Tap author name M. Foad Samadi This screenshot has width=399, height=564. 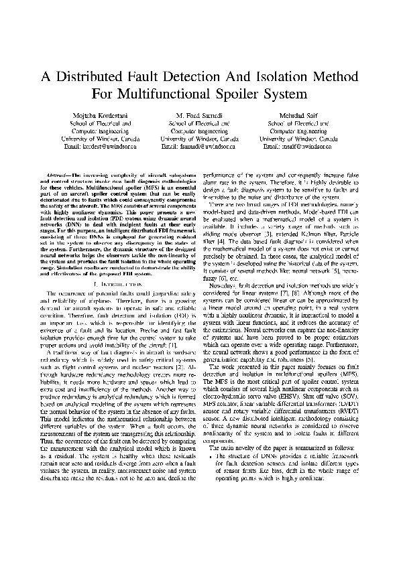click(x=200, y=115)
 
